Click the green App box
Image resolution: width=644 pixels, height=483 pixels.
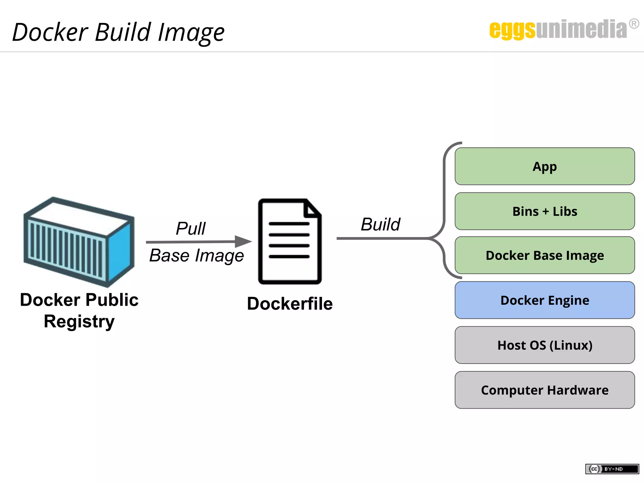545,166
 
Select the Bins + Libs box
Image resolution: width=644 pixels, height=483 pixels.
545,211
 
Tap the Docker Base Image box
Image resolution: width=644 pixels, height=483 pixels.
545,255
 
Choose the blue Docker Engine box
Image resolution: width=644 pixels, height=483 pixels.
545,300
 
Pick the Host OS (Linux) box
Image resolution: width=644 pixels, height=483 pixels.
545,345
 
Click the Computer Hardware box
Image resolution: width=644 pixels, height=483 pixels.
545,390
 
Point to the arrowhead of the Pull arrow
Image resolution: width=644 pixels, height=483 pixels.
244,241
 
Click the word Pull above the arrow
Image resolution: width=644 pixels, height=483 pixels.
191,228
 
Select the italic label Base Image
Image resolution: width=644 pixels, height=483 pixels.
196,255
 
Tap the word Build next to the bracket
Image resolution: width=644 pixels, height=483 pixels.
380,225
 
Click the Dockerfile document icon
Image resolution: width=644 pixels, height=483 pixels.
289,241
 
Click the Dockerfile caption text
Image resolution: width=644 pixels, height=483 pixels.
290,304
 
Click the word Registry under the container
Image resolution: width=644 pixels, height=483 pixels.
79,321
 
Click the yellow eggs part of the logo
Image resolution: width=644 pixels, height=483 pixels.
512,30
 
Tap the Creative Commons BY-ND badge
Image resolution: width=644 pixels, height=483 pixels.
612,469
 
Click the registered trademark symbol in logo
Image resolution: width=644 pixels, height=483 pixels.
634,24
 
